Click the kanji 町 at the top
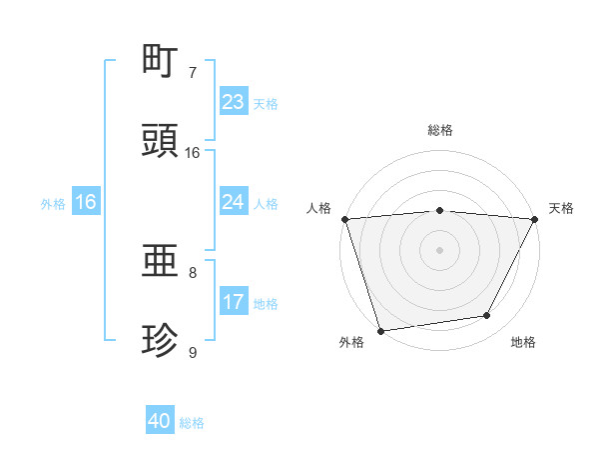click(162, 61)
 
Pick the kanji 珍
click(162, 341)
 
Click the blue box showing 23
click(234, 102)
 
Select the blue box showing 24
click(234, 202)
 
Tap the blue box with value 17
click(234, 302)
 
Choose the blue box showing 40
click(160, 422)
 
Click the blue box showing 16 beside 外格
click(86, 202)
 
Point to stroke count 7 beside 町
click(193, 73)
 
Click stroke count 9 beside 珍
click(193, 353)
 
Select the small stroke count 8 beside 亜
click(193, 272)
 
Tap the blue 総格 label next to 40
click(192, 423)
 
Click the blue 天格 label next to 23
click(266, 103)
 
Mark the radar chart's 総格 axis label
click(440, 130)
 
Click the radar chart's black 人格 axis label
click(318, 208)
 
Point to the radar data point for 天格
click(535, 219)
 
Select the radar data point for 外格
click(380, 330)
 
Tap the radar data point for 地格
click(487, 316)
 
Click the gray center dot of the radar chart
click(440, 249)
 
